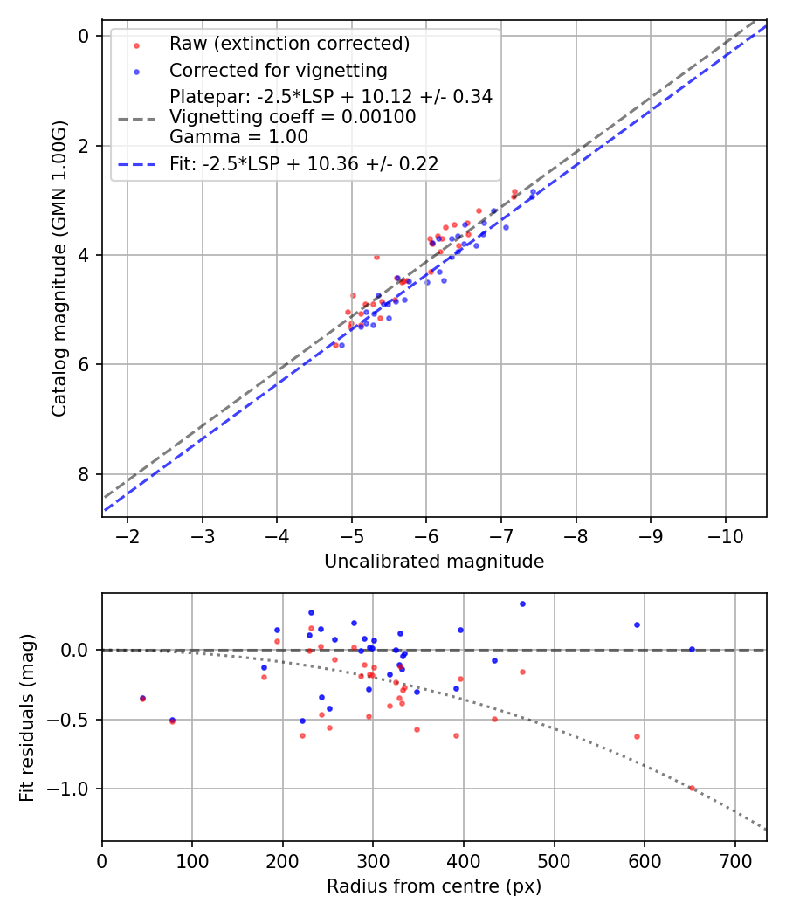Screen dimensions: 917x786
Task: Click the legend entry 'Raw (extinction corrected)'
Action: point(289,44)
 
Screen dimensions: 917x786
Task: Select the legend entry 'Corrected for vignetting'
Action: point(278,70)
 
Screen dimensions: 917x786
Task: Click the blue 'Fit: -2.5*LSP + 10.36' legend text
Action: point(304,163)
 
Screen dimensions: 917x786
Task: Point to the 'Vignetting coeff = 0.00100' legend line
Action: point(293,117)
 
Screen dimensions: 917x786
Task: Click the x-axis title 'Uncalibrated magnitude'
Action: point(434,562)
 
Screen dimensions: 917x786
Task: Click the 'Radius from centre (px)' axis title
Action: point(434,886)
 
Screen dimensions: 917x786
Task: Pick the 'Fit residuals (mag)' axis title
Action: point(27,716)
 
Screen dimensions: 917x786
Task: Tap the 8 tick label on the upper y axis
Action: point(84,474)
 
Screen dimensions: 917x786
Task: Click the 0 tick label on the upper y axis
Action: point(84,36)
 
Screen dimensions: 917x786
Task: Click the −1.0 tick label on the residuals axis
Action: point(72,789)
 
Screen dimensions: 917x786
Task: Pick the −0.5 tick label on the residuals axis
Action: point(72,720)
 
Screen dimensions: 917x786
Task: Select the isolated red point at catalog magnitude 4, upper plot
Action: point(376,257)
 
